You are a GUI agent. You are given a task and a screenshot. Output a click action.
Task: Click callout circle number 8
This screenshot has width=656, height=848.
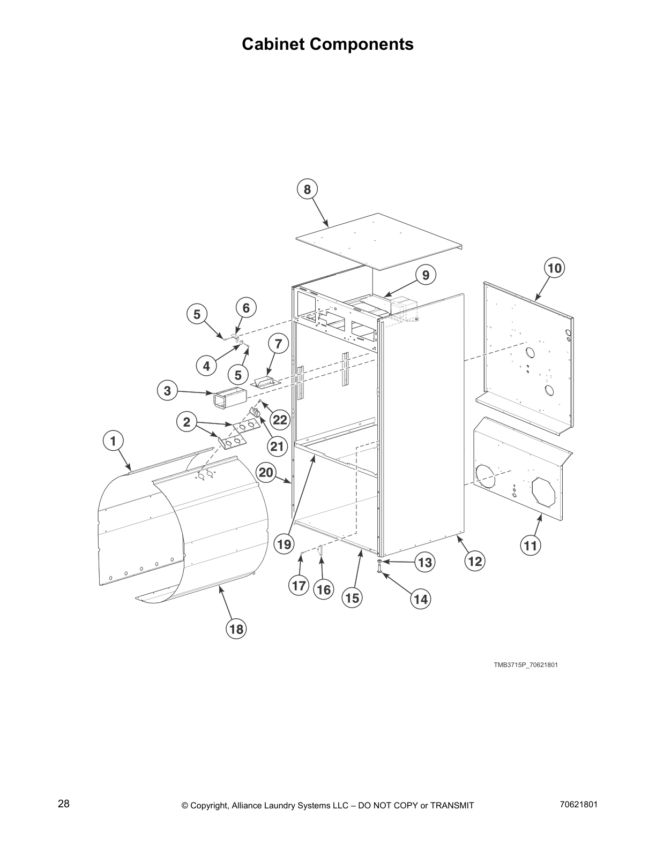pos(307,189)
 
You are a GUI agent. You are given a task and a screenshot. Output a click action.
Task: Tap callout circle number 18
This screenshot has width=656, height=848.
pos(236,629)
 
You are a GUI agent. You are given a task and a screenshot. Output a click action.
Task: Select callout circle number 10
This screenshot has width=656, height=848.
pos(555,267)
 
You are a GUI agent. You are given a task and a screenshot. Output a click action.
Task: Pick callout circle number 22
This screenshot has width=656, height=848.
pos(280,420)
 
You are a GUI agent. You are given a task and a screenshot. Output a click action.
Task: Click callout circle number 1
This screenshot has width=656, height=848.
pos(113,441)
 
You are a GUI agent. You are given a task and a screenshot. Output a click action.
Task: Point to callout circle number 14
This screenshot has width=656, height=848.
pos(421,599)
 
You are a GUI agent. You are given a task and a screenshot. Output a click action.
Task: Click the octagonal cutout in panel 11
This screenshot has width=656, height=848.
pos(543,492)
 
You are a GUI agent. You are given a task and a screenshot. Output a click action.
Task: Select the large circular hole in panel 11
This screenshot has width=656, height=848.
pos(486,476)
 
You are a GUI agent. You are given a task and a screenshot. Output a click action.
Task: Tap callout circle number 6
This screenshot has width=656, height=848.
pos(246,308)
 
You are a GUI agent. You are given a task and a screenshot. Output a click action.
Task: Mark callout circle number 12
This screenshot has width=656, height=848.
pos(475,561)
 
